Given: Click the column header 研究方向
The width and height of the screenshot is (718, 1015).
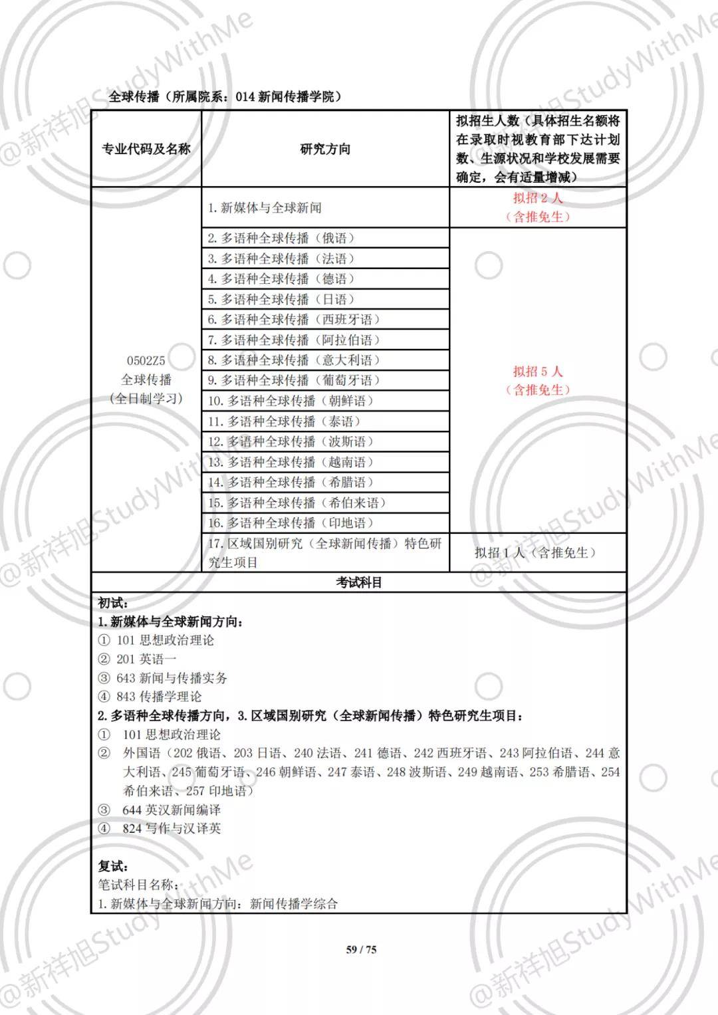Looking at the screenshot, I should point(325,149).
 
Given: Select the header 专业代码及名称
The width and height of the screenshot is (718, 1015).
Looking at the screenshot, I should point(146,149).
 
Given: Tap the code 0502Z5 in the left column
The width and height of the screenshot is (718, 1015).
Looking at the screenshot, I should point(146,361).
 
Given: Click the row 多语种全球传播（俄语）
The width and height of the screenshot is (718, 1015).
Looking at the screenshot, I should point(282,238).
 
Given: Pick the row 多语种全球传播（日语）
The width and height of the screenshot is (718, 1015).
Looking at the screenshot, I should point(282,299).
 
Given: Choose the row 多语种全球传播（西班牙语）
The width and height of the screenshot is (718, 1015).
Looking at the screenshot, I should point(295,320).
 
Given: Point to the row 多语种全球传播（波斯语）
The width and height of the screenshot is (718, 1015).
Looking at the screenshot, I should point(291,441).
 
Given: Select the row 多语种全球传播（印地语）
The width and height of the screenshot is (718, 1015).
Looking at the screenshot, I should point(291,523).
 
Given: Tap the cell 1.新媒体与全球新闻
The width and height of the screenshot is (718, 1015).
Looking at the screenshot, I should point(265,207).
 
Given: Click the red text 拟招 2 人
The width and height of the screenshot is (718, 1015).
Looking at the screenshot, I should point(537,198).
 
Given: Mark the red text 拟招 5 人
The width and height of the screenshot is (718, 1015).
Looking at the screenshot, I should point(537,372).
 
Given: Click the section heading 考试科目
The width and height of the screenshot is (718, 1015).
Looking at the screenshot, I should point(359,583).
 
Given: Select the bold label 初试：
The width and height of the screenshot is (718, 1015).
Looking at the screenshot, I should point(113,603).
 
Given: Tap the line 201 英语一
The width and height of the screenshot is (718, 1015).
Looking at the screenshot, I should point(146,659).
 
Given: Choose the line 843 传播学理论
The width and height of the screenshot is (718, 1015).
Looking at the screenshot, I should point(159,697).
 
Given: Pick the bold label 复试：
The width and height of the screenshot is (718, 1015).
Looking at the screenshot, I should point(113,866).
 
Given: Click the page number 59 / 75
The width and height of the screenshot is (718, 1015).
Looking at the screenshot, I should point(361,949).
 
